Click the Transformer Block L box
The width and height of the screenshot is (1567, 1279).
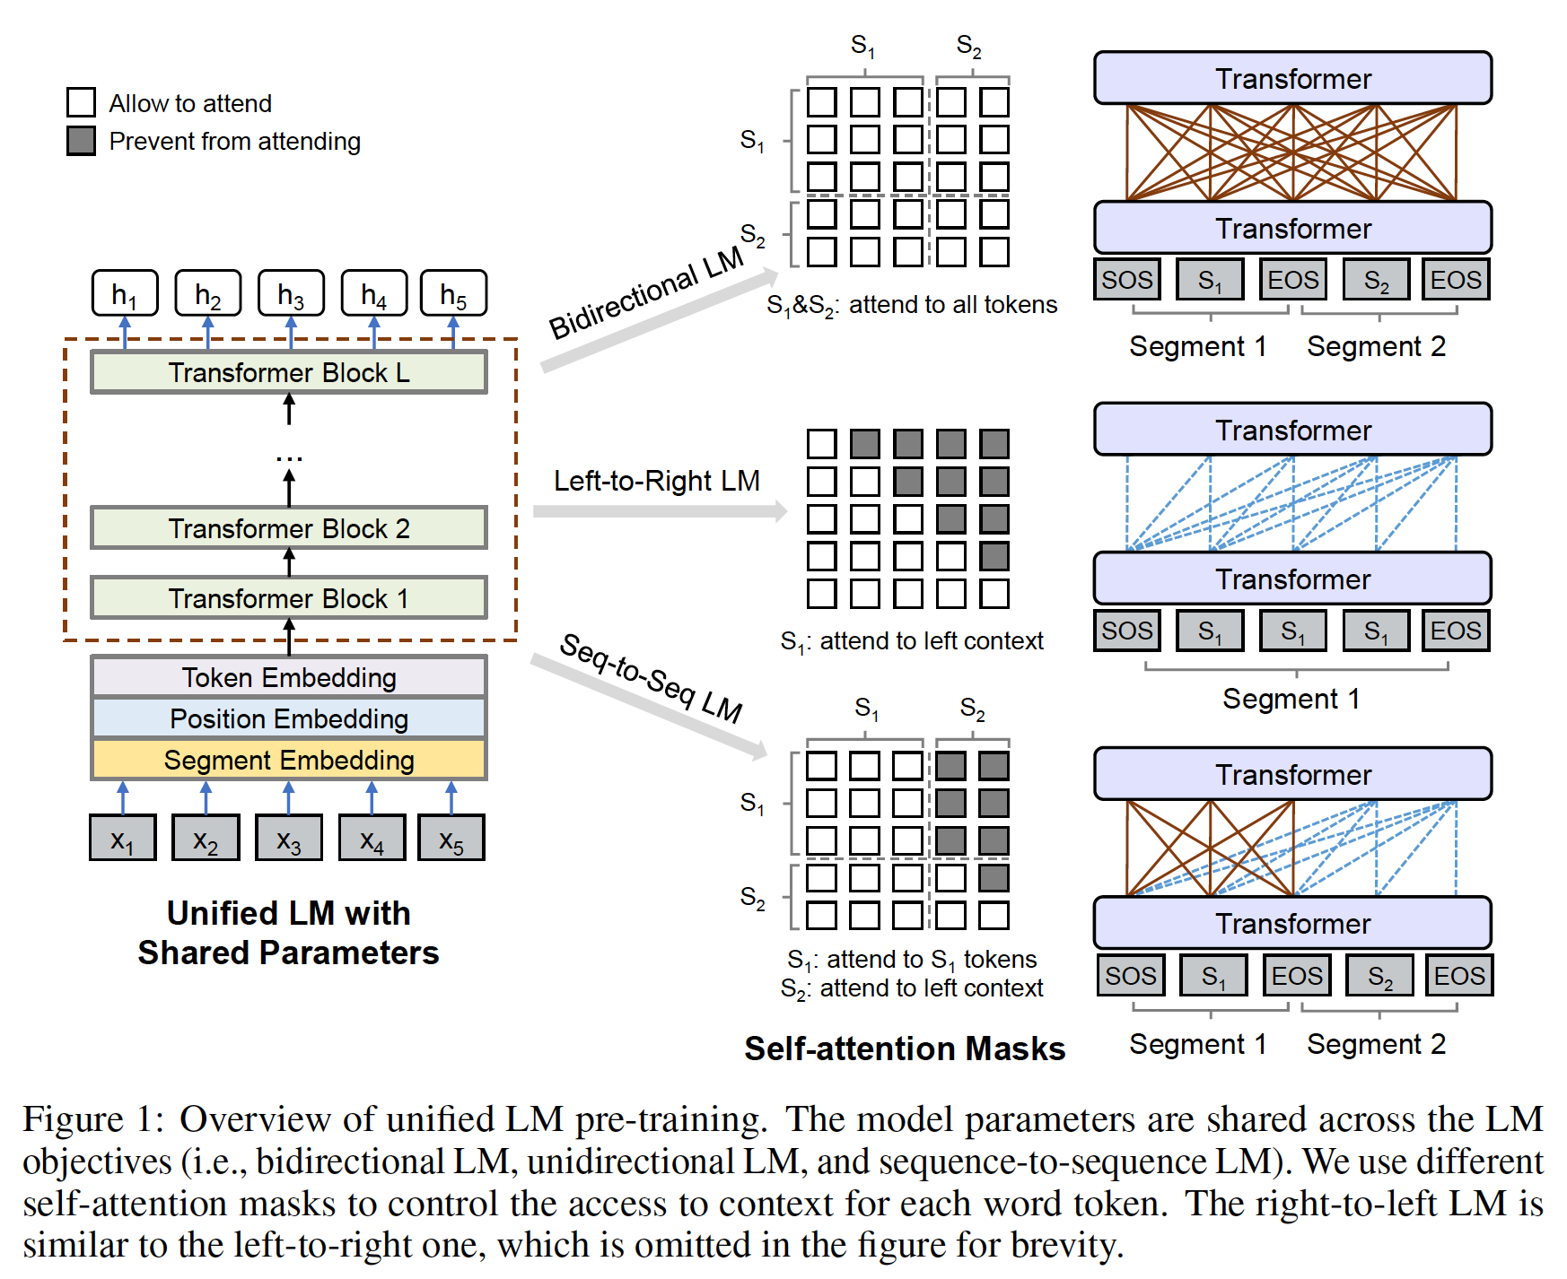pyautogui.click(x=289, y=372)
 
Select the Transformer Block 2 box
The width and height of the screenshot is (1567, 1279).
pyautogui.click(x=289, y=528)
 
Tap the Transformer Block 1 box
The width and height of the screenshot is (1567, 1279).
pyautogui.click(x=289, y=598)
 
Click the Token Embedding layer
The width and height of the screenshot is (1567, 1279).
pyautogui.click(x=289, y=677)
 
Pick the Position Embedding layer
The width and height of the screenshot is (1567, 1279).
pyautogui.click(x=289, y=718)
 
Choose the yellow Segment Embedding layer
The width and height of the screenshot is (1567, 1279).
pyautogui.click(x=289, y=760)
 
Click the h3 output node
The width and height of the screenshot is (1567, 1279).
pyautogui.click(x=291, y=294)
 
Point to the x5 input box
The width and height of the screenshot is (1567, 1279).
pyautogui.click(x=451, y=839)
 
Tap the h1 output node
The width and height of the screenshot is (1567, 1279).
pyautogui.click(x=125, y=294)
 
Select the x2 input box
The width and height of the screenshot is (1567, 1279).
pyautogui.click(x=206, y=839)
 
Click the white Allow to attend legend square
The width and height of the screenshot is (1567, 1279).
pyautogui.click(x=82, y=102)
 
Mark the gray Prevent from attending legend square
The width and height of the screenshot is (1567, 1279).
pyautogui.click(x=82, y=141)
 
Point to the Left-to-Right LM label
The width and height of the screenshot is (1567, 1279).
pyautogui.click(x=656, y=481)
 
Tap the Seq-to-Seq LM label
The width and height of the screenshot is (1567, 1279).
pyautogui.click(x=651, y=678)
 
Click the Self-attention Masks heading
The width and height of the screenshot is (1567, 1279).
pyautogui.click(x=905, y=1048)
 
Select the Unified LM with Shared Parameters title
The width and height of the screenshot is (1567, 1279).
pyautogui.click(x=289, y=933)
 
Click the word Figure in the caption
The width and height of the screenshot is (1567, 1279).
pyautogui.click(x=73, y=1119)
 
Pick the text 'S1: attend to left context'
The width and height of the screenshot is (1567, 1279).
pyautogui.click(x=912, y=641)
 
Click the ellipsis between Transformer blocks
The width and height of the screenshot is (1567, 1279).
pyautogui.click(x=289, y=458)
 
